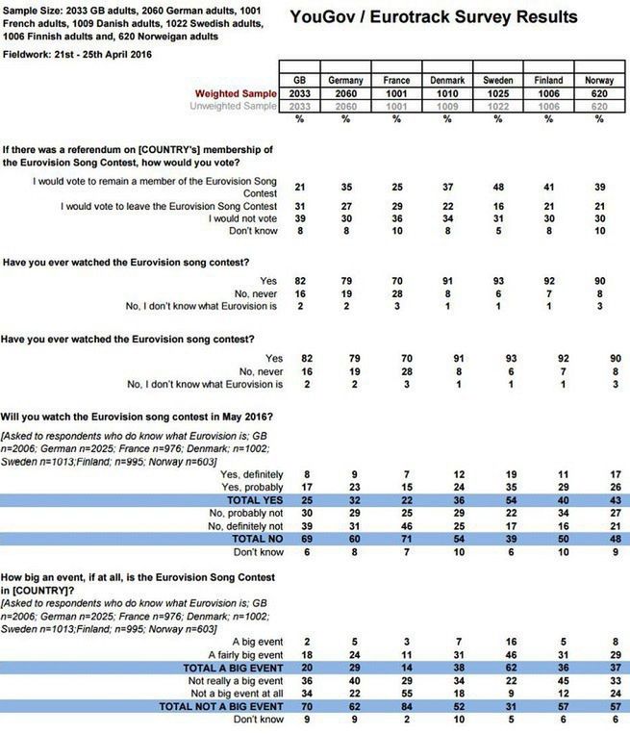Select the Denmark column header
[x=447, y=81]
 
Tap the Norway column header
[x=598, y=81]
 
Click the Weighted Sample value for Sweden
[x=498, y=93]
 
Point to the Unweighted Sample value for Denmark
[x=447, y=106]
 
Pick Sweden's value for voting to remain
[x=498, y=186]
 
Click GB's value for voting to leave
[x=299, y=206]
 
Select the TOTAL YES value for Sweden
[x=498, y=500]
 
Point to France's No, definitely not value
[x=397, y=527]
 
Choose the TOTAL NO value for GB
[x=299, y=541]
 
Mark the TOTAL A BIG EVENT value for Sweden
[x=498, y=667]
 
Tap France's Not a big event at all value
[x=397, y=694]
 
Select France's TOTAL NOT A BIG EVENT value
[x=397, y=707]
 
